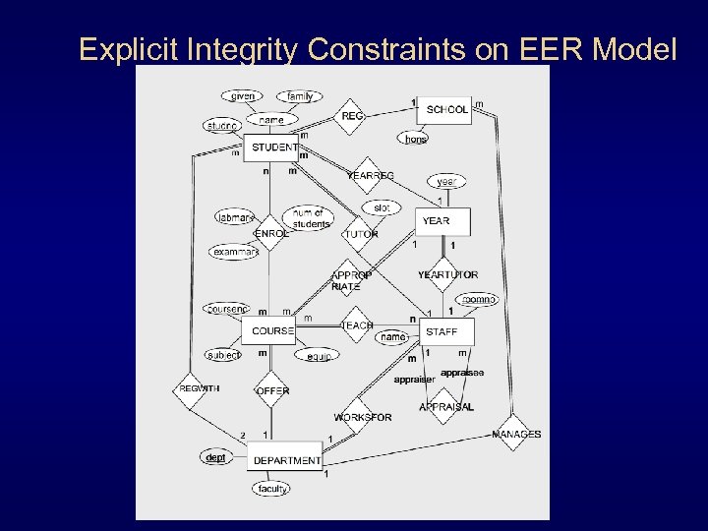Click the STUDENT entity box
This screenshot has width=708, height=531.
(273, 147)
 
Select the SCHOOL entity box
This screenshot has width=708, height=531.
(446, 109)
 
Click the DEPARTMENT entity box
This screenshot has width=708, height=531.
(286, 459)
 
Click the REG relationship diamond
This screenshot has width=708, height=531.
(351, 116)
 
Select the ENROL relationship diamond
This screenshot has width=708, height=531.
(271, 234)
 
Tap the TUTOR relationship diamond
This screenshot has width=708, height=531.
(360, 234)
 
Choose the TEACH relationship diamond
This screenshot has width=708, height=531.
(357, 324)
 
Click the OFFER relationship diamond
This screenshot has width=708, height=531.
(272, 390)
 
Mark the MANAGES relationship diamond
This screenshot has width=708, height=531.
(515, 434)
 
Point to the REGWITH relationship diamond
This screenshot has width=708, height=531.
(198, 388)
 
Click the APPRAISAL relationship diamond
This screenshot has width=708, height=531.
(445, 406)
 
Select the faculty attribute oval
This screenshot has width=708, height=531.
(272, 489)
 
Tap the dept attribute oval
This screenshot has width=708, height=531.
(214, 457)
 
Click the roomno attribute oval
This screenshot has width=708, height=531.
(479, 299)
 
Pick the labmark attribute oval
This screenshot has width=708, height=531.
(235, 217)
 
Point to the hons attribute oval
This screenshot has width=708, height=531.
(415, 140)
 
